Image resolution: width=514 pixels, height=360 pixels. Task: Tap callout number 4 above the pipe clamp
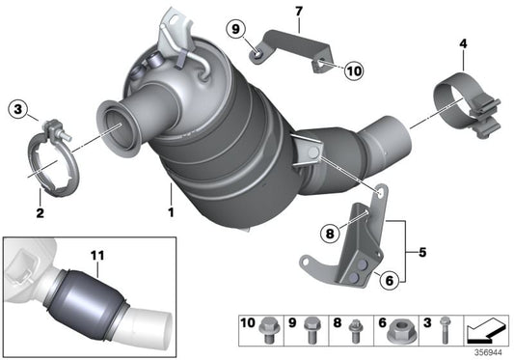pyautogui.click(x=463, y=43)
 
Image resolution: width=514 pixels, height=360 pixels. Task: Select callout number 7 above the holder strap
pyautogui.click(x=298, y=13)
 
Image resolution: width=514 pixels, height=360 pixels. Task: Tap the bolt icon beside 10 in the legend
pyautogui.click(x=273, y=328)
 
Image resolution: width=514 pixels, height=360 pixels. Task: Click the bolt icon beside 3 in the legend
pyautogui.click(x=444, y=328)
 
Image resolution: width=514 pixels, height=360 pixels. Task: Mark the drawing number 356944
pyautogui.click(x=489, y=352)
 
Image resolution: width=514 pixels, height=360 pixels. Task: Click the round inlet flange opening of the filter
pyautogui.click(x=121, y=125)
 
